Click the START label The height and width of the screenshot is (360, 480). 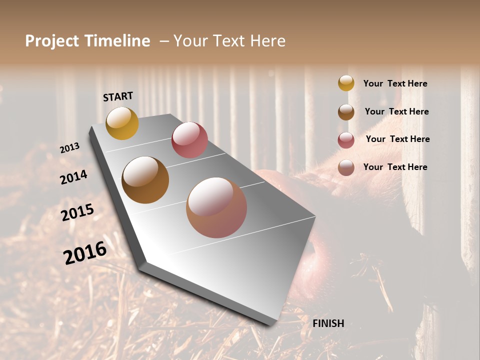(118, 96)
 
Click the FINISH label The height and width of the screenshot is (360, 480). (328, 323)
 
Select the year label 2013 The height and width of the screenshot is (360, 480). (69, 148)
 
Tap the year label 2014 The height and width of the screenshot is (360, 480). (73, 177)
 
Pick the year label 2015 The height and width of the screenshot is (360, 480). (77, 212)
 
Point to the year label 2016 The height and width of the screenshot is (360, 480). (84, 252)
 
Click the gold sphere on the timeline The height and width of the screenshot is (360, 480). (122, 123)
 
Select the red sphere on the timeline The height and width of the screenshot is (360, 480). (189, 140)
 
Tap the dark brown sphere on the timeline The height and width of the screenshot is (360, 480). (145, 180)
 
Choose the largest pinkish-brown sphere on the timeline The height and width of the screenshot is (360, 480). (216, 207)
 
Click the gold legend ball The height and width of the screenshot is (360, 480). (346, 83)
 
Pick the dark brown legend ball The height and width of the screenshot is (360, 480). (346, 111)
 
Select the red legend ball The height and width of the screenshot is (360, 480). (346, 140)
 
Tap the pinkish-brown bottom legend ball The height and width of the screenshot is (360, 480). (346, 167)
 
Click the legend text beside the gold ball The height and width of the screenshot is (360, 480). (395, 83)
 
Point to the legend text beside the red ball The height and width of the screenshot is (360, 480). (397, 139)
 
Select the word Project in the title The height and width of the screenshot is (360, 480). (52, 41)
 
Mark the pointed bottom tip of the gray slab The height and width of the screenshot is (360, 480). (270, 324)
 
